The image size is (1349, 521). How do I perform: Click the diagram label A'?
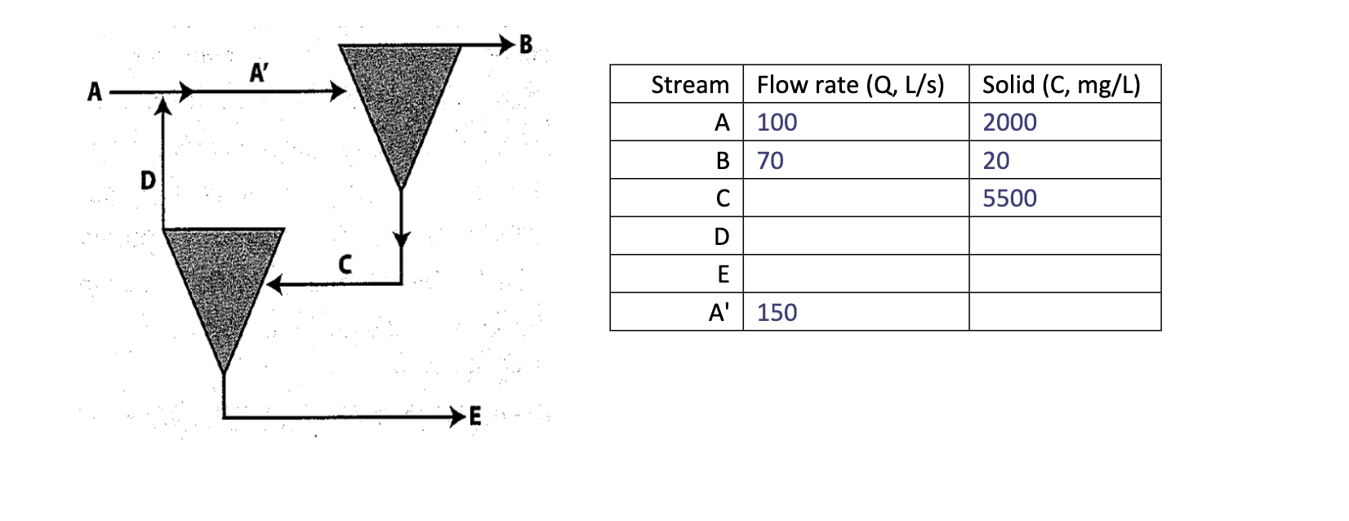point(258,73)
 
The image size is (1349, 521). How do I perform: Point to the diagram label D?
point(148,180)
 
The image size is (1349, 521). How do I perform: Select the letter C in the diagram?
point(345,264)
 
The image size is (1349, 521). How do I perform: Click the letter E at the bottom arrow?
point(475,417)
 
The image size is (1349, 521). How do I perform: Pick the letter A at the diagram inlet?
point(95,92)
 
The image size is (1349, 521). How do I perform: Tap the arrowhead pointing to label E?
point(457,417)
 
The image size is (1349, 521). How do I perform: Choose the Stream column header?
point(689,85)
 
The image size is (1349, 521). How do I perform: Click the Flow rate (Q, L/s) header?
point(850,85)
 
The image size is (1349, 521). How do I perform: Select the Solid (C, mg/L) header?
point(1061,85)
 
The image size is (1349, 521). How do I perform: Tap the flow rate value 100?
point(777,122)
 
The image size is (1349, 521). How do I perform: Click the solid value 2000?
point(1009,122)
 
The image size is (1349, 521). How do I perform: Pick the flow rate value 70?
point(770,161)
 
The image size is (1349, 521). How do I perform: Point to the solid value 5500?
point(1009,198)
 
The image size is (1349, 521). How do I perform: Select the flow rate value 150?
point(777,313)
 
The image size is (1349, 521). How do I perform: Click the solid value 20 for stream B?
point(995,161)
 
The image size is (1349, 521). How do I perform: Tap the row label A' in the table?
point(719,313)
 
